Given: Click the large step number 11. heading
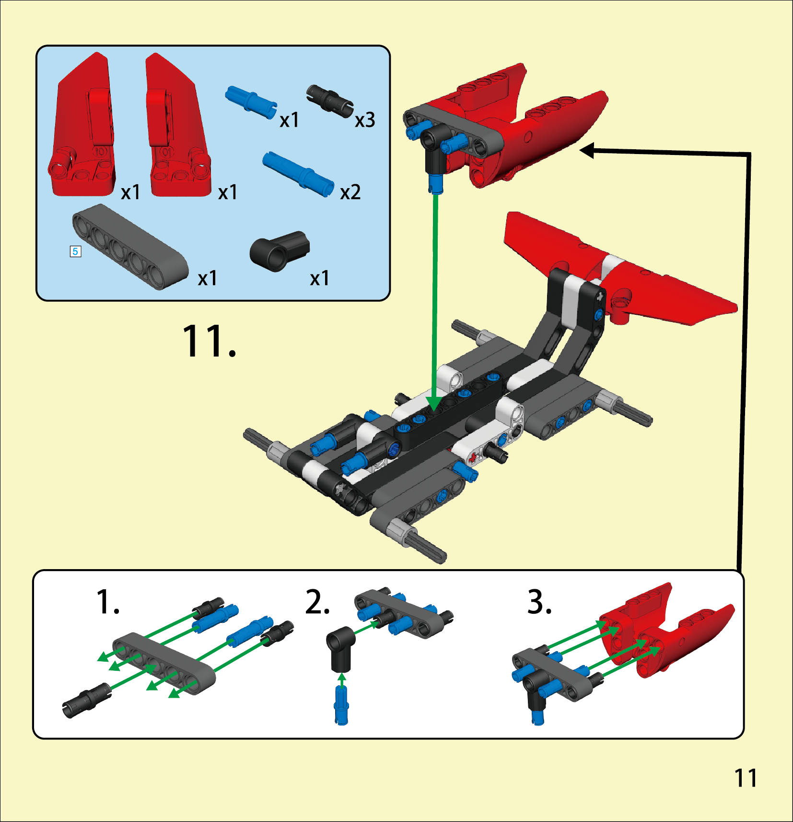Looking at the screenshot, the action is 210,341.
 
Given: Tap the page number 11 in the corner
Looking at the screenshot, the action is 746,778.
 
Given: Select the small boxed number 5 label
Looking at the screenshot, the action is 75,251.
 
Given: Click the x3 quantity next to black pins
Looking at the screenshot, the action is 365,120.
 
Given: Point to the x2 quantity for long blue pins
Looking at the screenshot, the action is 350,192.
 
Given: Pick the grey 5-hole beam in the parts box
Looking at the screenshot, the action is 130,247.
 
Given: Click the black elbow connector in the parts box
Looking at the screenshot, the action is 280,251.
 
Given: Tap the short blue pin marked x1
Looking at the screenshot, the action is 251,102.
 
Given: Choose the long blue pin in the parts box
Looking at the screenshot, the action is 298,174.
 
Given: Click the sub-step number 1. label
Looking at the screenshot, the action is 108,602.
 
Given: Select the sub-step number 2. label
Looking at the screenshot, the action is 317,602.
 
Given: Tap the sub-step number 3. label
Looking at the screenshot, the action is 539,602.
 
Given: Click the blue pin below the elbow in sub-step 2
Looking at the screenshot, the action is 341,705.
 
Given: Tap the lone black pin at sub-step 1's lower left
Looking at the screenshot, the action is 87,701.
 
